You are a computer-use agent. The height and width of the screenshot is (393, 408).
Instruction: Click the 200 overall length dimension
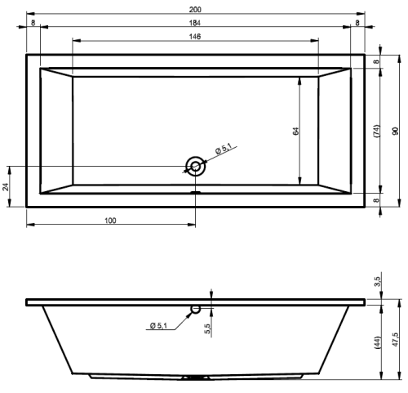click(x=195, y=10)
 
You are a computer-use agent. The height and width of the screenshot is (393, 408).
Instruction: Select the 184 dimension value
click(x=195, y=23)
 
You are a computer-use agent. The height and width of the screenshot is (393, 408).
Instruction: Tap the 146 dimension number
click(x=195, y=37)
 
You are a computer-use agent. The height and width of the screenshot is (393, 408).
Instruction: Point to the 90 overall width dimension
click(x=395, y=131)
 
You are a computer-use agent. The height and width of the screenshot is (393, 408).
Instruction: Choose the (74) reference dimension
click(x=376, y=131)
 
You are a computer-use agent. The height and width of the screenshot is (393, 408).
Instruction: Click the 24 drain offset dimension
click(x=6, y=187)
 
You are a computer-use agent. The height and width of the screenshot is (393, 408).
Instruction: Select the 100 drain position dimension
click(x=110, y=221)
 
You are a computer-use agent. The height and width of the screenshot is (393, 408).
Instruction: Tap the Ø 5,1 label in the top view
click(x=224, y=150)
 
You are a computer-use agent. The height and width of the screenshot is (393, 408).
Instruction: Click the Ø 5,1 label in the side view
click(x=158, y=325)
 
